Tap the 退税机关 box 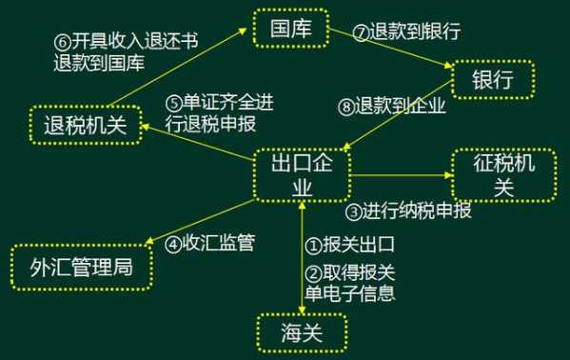85,125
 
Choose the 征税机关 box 503,174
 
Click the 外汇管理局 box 84,267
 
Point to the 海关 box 302,333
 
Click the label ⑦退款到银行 406,31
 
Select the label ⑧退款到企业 393,107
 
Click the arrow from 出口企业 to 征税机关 401,173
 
